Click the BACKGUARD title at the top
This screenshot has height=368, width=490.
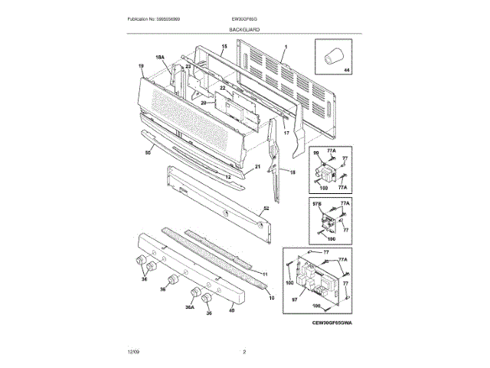(243, 28)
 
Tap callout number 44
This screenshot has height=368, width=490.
(345, 71)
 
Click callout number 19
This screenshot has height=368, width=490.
(141, 66)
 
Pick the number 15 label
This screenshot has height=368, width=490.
(224, 47)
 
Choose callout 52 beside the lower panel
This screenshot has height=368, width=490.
(266, 208)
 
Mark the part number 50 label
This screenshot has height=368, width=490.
(148, 153)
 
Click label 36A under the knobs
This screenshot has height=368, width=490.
(189, 307)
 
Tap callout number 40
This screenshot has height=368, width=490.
(232, 310)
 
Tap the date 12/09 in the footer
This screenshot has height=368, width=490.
(133, 351)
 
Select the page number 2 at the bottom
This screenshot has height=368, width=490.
(244, 351)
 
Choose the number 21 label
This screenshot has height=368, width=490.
(257, 166)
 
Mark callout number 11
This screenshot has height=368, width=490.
(264, 274)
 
